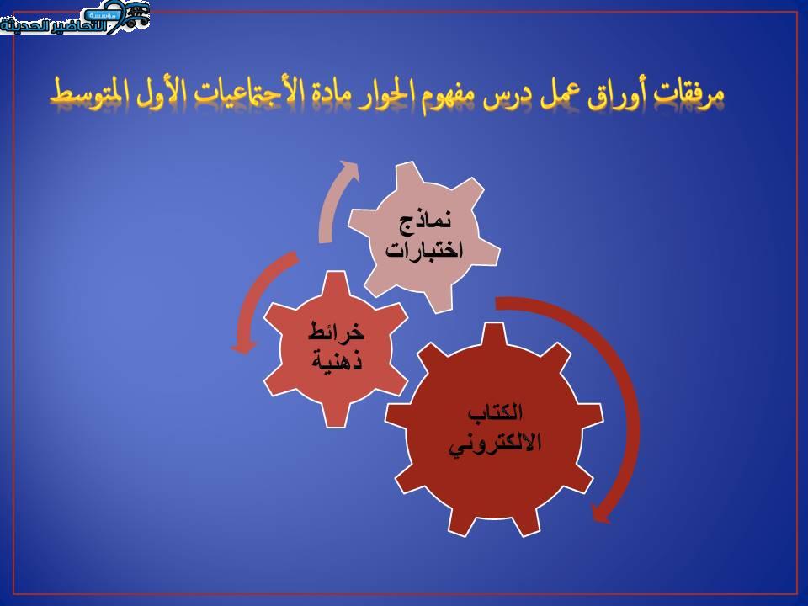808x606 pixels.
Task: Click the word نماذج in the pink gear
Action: coord(425,223)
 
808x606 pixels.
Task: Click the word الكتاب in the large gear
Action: coord(494,413)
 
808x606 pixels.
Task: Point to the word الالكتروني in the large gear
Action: coord(494,443)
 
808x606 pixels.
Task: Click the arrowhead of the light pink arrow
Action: coord(349,169)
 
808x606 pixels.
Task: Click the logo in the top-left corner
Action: coord(74,18)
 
